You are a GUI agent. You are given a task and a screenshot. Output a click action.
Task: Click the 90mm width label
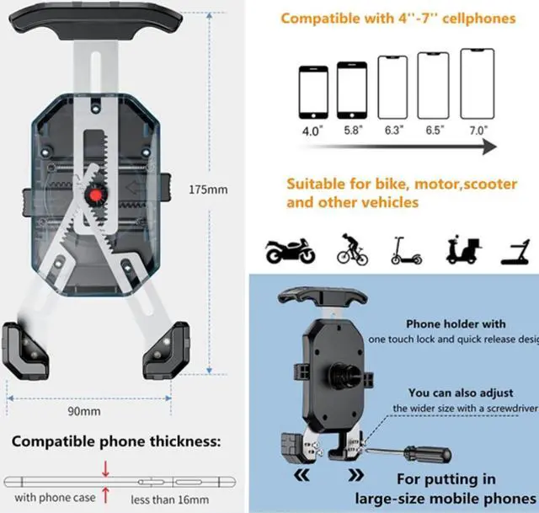pos(84,411)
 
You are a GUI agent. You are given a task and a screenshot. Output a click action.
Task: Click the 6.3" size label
pos(394,131)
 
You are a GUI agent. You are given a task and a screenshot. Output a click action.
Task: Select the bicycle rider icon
pos(352,249)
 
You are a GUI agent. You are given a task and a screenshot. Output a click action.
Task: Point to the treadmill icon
pos(515,249)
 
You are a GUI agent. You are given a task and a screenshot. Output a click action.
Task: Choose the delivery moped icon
pos(462,249)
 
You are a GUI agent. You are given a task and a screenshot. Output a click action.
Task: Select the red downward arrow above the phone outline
pos(105,468)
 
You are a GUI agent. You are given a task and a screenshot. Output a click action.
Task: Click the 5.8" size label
pos(351,131)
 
